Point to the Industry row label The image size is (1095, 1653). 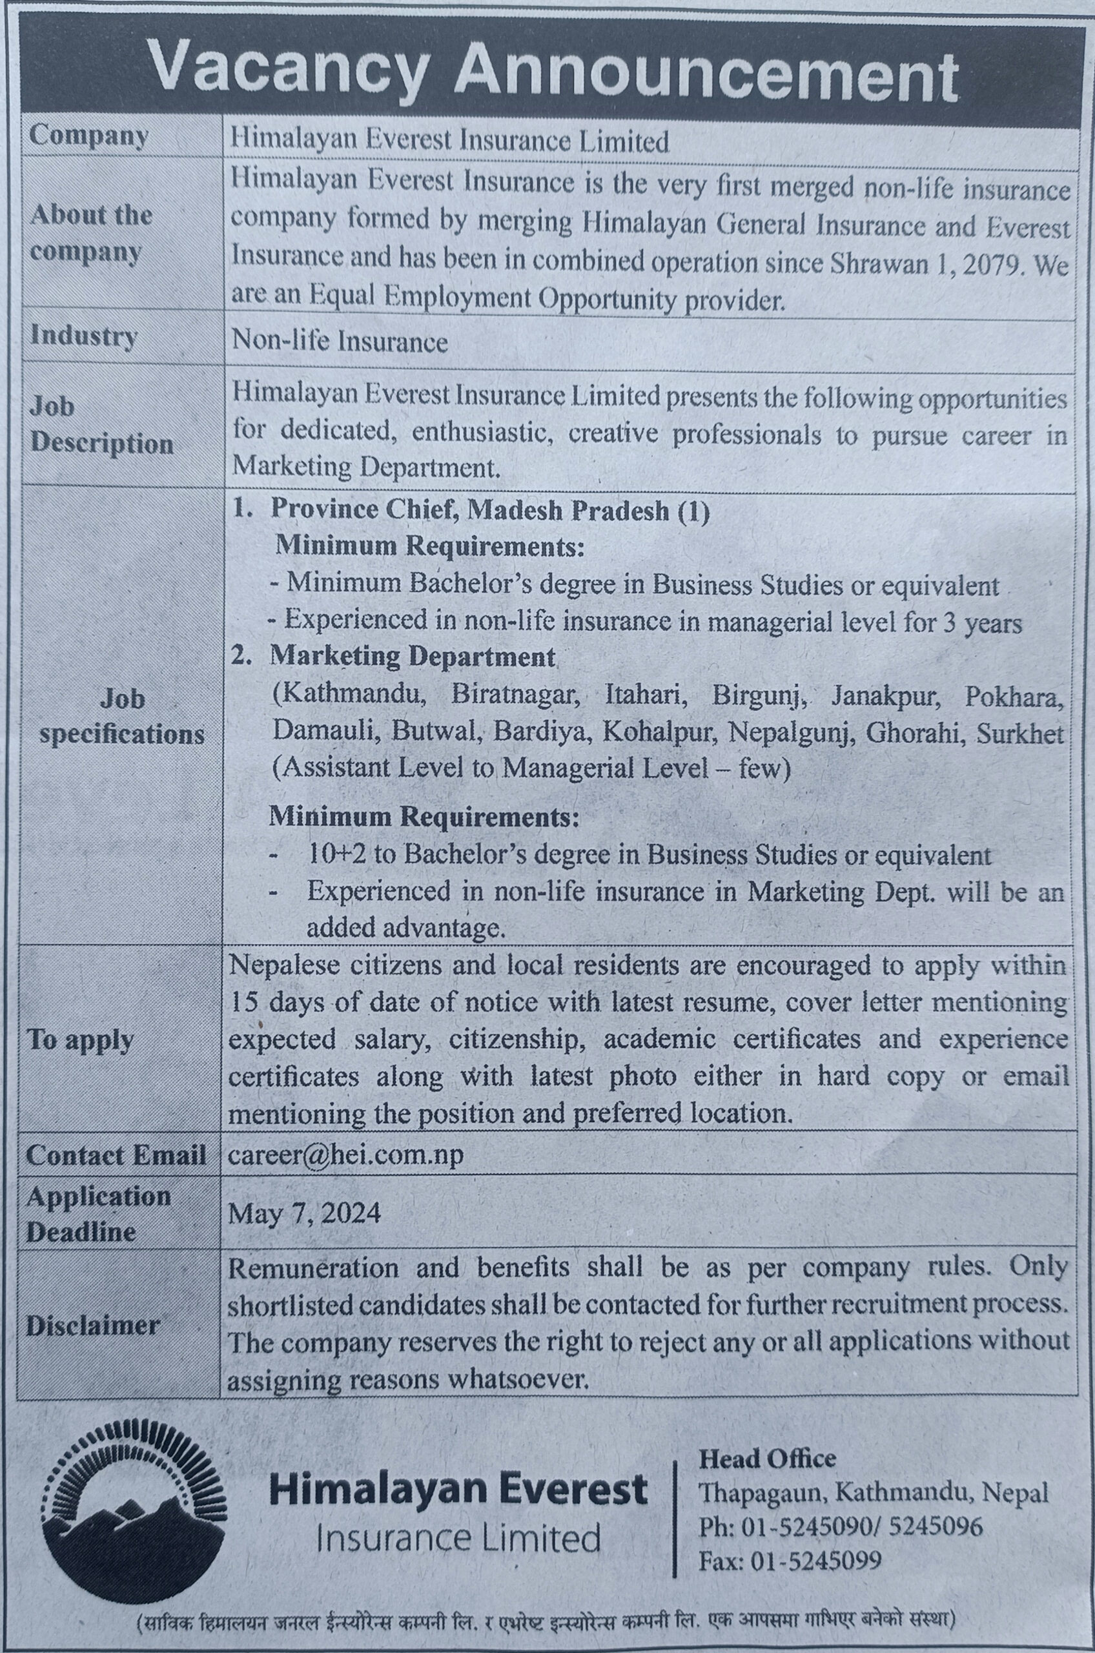pos(83,336)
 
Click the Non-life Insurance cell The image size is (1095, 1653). pos(340,342)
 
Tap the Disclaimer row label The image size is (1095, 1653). pos(93,1325)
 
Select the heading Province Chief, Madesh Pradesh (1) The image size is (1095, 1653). pos(489,511)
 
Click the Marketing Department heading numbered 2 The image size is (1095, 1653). pos(412,657)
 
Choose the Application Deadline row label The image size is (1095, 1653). pos(97,1213)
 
